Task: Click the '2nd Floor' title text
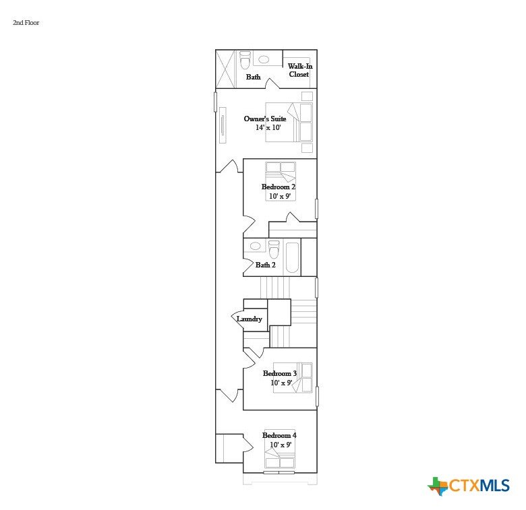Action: click(26, 23)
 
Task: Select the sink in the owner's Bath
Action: click(264, 60)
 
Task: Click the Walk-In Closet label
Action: click(299, 70)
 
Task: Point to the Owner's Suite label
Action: click(264, 119)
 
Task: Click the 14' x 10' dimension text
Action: click(268, 127)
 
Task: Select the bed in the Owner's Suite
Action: click(289, 123)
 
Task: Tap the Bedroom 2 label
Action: click(278, 187)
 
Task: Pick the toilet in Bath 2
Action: click(274, 249)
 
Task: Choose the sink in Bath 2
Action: click(256, 247)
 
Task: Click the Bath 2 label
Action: click(265, 265)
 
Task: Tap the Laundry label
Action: click(250, 319)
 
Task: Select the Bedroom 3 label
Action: click(279, 373)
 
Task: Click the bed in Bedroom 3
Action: click(293, 378)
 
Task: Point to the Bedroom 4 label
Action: click(279, 435)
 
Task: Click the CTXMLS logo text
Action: click(479, 486)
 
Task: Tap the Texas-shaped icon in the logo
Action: click(438, 486)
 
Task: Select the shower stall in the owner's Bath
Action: click(226, 69)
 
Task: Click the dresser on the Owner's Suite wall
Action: click(223, 125)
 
